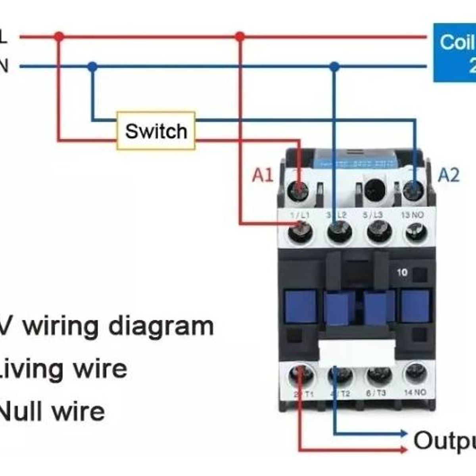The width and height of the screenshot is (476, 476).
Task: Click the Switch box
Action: tap(156, 131)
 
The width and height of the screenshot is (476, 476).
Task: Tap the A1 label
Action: tap(263, 175)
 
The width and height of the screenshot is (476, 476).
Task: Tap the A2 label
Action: tap(449, 175)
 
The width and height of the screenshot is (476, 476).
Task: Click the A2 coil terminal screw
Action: tap(414, 191)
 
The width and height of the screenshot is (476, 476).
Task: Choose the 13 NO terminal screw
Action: tap(416, 232)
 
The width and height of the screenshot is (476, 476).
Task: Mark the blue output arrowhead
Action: tap(404, 433)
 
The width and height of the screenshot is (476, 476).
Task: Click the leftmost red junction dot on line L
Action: tap(59, 37)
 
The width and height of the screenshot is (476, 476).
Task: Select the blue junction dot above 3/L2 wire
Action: tap(334, 67)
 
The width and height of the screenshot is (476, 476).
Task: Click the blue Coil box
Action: tap(455, 52)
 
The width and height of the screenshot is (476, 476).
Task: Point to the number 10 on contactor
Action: tap(402, 273)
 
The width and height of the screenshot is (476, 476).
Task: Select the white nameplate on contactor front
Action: tap(357, 351)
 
